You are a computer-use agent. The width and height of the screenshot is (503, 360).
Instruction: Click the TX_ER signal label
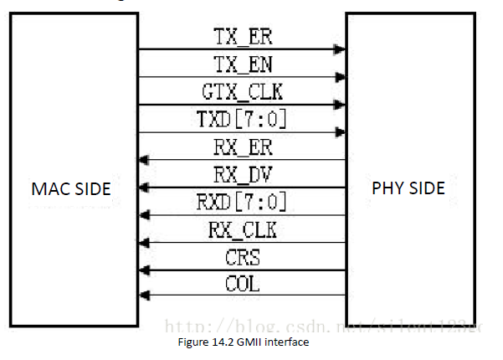coord(243,37)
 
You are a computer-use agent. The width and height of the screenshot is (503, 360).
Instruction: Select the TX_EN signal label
coord(243,64)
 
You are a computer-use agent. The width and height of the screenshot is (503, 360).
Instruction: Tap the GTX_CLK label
coord(243,92)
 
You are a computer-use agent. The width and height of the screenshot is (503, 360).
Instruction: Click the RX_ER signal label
coord(243,147)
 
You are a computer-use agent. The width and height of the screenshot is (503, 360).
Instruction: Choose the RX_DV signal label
coord(243,175)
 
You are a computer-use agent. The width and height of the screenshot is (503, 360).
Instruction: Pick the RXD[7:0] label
coord(243,202)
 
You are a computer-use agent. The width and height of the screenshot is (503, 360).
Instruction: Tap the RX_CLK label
coord(243,229)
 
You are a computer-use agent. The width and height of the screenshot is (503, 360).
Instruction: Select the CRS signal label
coord(243,257)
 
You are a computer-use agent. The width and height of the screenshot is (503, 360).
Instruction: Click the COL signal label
coord(243,284)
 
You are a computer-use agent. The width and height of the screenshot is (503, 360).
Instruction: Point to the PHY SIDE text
coord(408,188)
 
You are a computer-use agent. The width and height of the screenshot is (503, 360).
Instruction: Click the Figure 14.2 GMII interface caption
coord(244,342)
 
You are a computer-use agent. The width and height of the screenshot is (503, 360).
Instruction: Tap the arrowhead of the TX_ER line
coord(340,49)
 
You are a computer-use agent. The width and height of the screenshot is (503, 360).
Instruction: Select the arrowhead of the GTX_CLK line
coord(340,105)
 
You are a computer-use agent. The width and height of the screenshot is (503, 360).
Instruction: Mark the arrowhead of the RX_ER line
coord(145,160)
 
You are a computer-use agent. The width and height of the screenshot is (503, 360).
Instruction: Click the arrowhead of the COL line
coord(145,295)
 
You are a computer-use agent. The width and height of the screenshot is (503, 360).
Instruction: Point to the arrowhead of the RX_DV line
coord(145,188)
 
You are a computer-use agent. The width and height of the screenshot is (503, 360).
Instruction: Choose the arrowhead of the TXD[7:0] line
coord(340,132)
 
